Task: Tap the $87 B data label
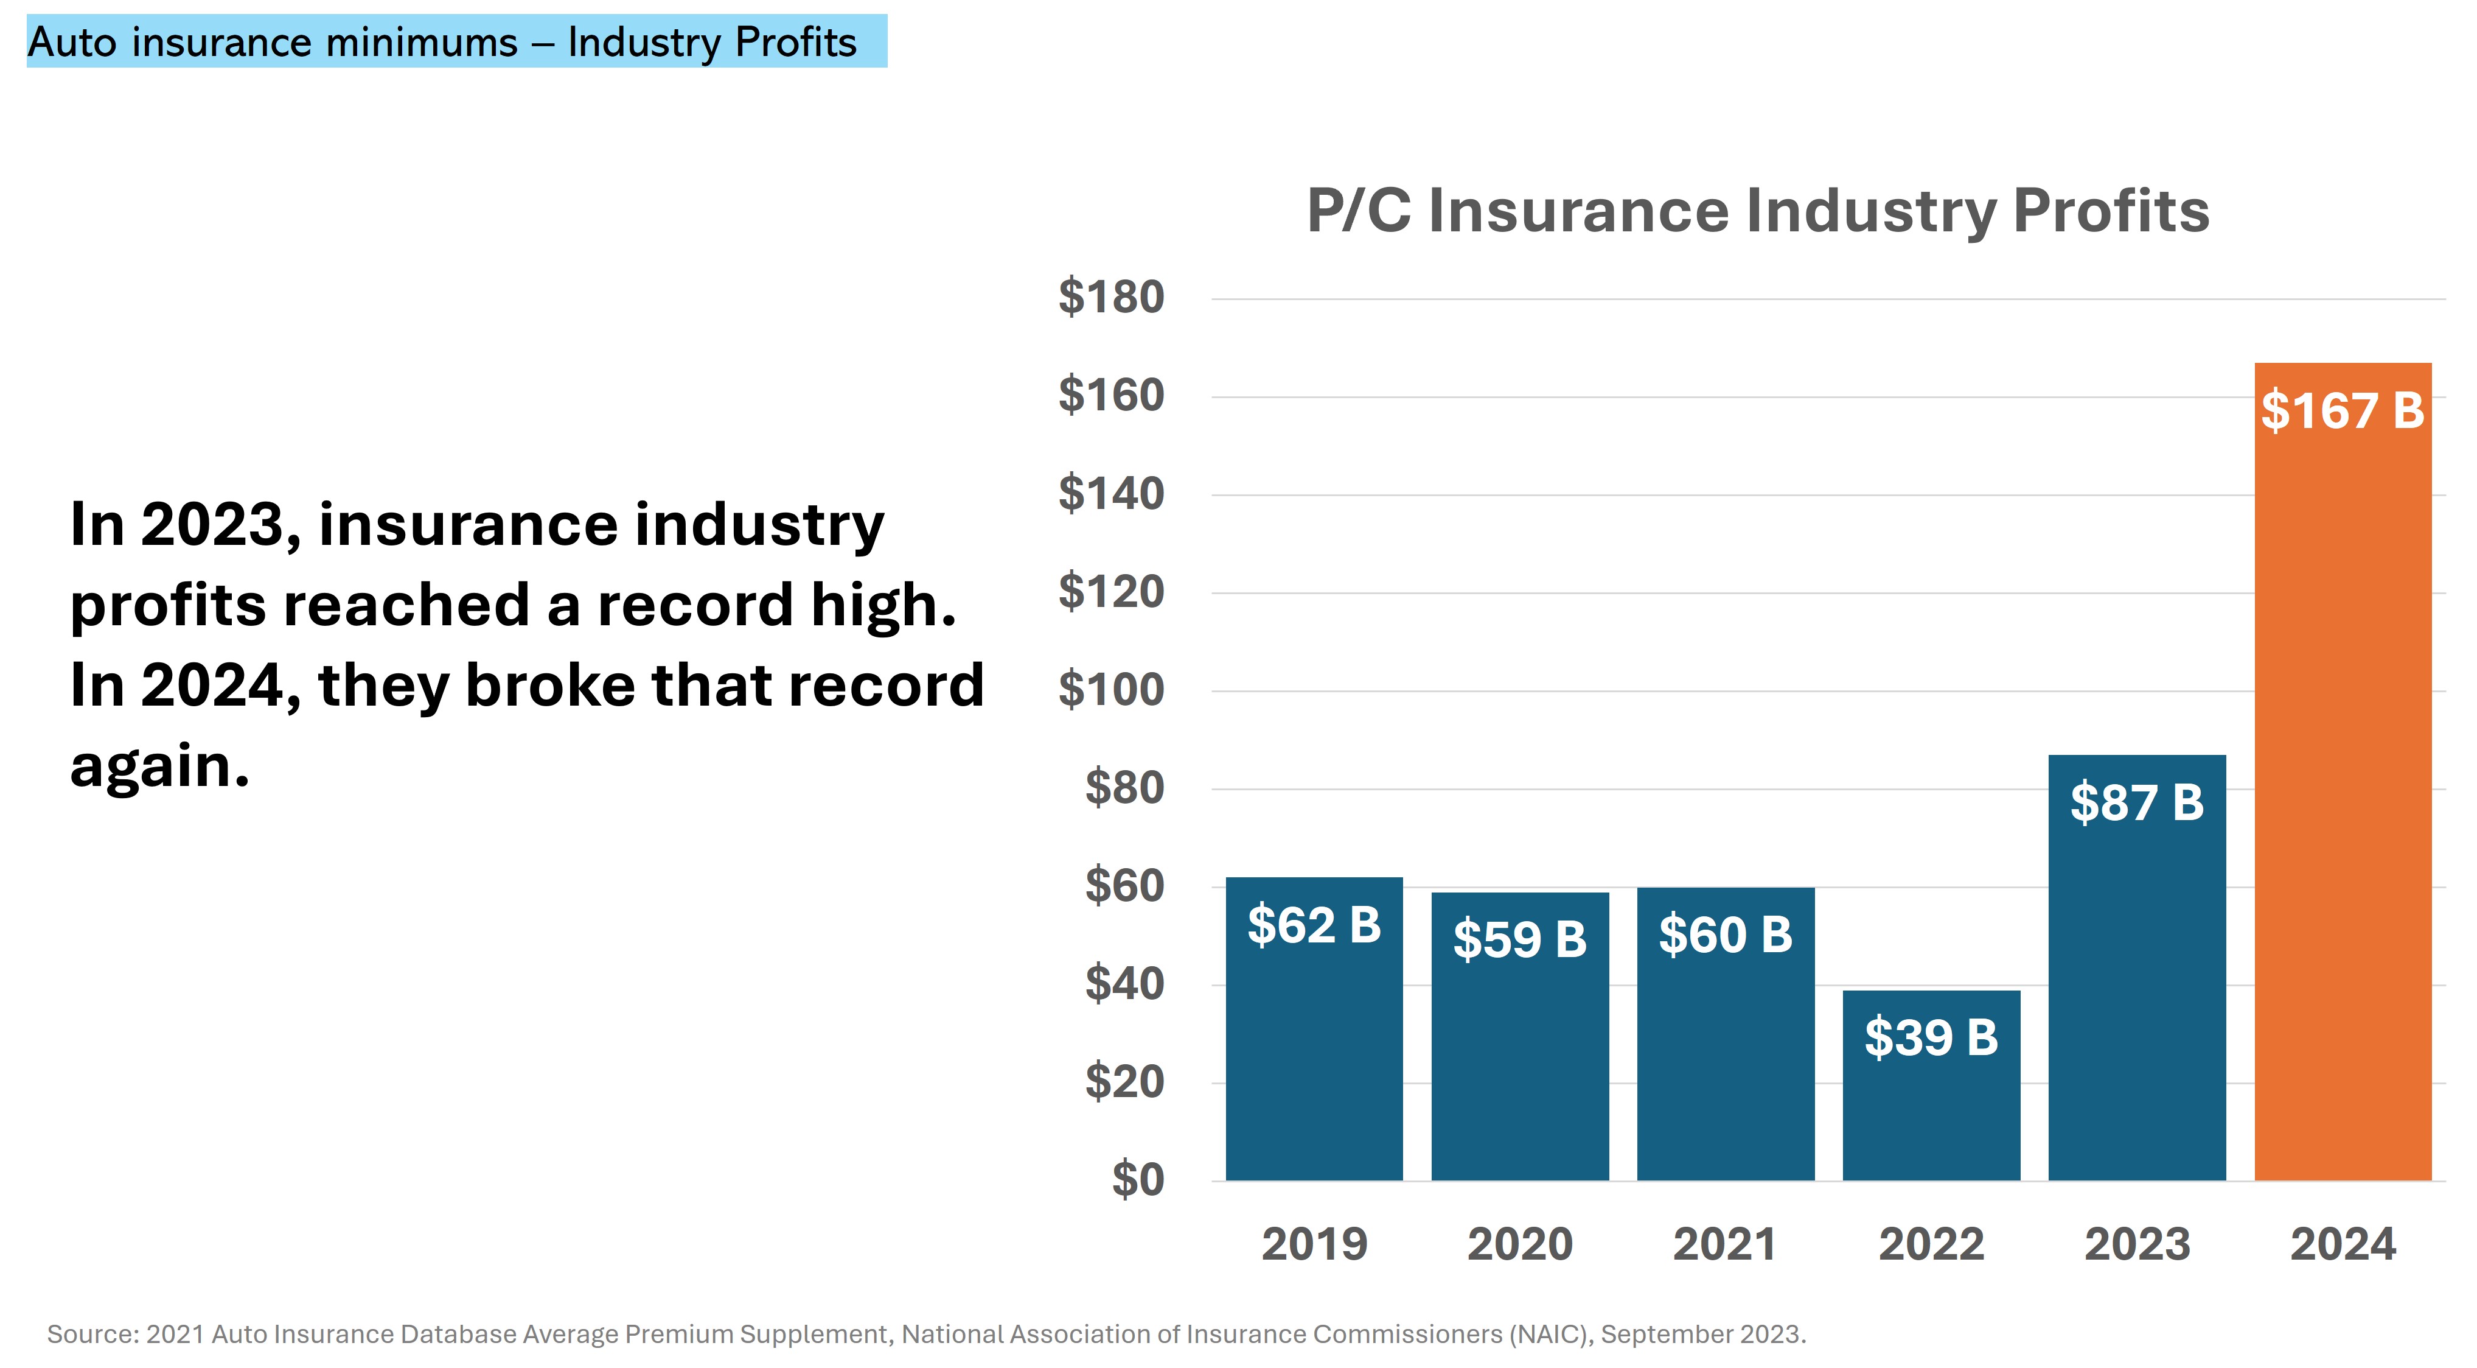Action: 2137,802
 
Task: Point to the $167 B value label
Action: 2343,411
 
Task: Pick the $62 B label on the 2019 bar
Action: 1314,925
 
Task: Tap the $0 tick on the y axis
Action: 1138,1179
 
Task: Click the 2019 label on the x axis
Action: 1314,1244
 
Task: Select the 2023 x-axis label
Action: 2137,1244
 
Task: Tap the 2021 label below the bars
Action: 1725,1244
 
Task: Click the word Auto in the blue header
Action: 72,43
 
